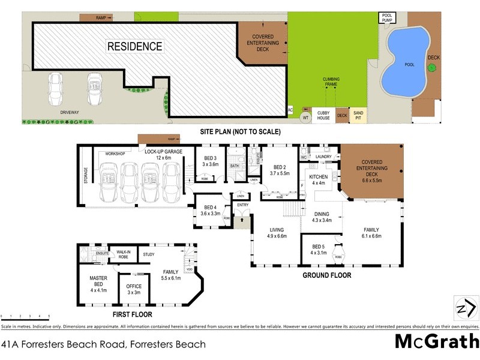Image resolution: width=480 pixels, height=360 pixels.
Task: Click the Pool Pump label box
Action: click(x=387, y=17)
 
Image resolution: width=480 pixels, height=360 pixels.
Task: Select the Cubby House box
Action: click(x=323, y=114)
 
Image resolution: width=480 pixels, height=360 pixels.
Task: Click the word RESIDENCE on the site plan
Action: click(x=134, y=46)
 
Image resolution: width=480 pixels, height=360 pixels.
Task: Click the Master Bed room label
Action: click(x=98, y=282)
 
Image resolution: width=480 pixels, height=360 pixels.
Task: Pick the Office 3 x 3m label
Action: click(x=134, y=289)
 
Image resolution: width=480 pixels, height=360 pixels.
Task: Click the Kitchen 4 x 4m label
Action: click(x=318, y=180)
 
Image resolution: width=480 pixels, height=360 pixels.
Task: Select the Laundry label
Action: click(x=323, y=157)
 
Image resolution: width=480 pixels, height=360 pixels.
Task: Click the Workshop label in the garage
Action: click(x=115, y=154)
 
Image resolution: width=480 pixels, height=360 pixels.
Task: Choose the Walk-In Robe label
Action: click(x=124, y=254)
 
